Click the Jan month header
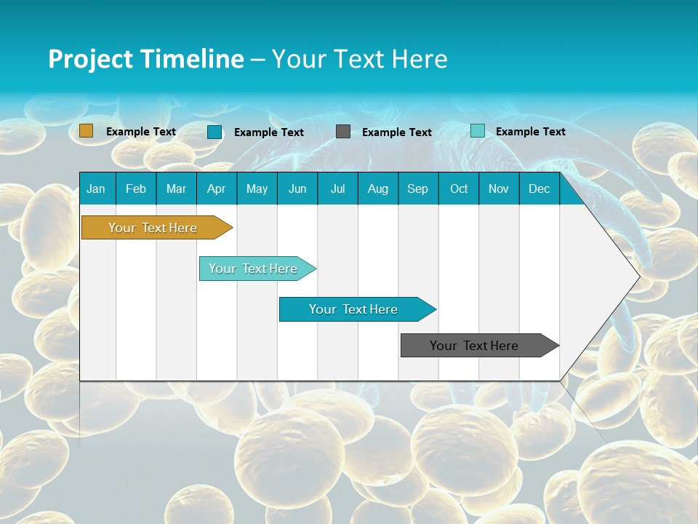click(x=96, y=188)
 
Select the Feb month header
click(x=136, y=188)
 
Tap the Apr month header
click(x=216, y=188)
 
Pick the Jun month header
click(x=297, y=188)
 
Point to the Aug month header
click(x=377, y=188)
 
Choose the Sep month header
click(x=417, y=188)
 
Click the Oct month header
click(x=459, y=188)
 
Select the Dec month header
click(x=539, y=188)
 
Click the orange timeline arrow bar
click(x=153, y=228)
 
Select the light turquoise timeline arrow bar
click(x=253, y=269)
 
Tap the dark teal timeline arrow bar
click(x=353, y=309)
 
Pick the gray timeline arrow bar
click(x=474, y=346)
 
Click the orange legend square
click(x=87, y=131)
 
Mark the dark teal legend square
click(x=214, y=132)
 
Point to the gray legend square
click(x=343, y=132)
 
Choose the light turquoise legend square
click(x=478, y=131)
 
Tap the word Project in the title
click(x=90, y=59)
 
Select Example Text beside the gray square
click(x=396, y=132)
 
